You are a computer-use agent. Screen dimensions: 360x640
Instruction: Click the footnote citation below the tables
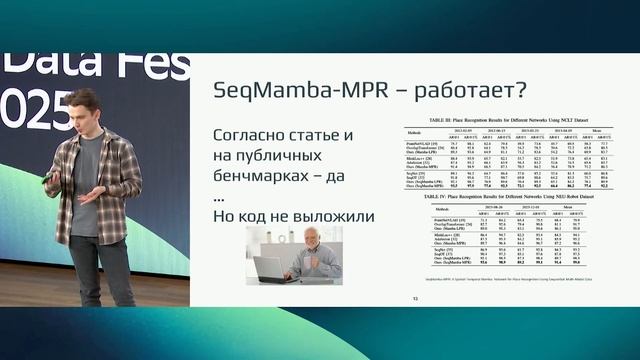click(470, 283)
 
